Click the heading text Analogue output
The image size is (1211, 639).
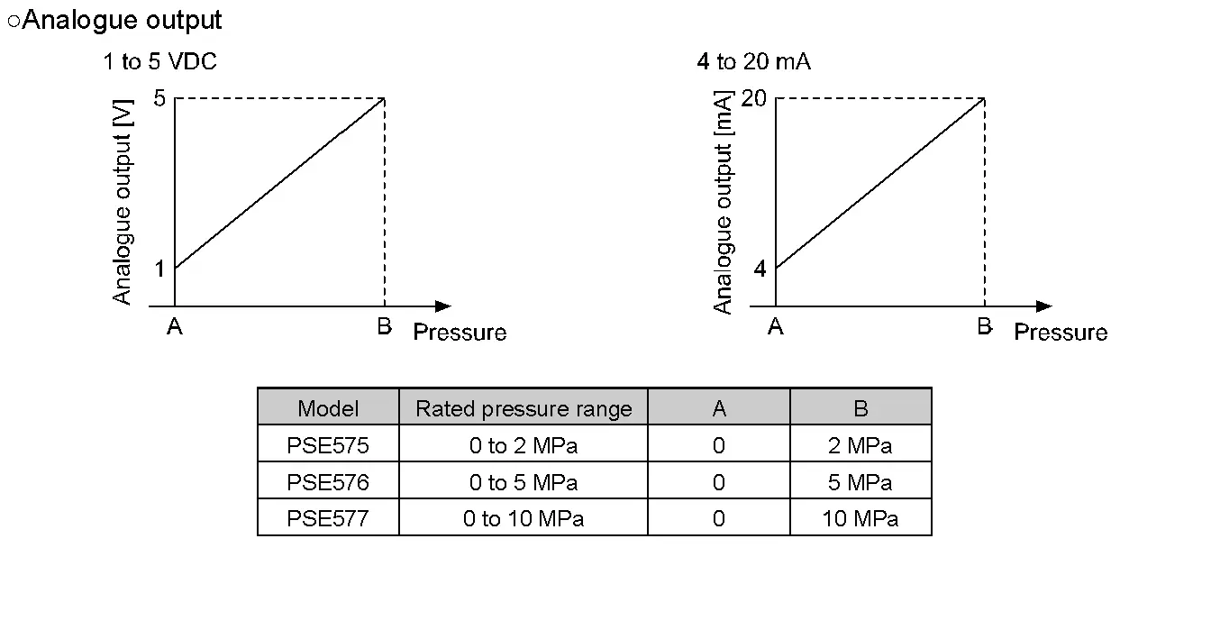[x=121, y=20]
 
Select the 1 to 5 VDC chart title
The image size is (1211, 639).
[x=159, y=61]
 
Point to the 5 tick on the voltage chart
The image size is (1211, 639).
[x=160, y=98]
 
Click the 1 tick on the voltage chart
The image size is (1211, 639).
[x=159, y=268]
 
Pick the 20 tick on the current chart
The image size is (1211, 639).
[x=753, y=98]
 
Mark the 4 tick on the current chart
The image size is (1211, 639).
[x=760, y=268]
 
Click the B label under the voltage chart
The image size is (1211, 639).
[x=385, y=326]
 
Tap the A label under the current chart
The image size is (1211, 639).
[x=775, y=326]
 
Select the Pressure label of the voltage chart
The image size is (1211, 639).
[x=460, y=333]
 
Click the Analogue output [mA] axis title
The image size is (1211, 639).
[x=723, y=201]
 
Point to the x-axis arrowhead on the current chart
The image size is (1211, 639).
[x=1044, y=306]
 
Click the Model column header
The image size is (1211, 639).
[x=328, y=408]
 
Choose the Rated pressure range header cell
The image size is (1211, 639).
[x=524, y=408]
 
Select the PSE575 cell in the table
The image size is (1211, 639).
[x=328, y=445]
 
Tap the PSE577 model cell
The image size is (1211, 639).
[x=328, y=518]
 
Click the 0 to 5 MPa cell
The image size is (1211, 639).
[x=524, y=482]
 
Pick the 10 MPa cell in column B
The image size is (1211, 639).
[x=860, y=518]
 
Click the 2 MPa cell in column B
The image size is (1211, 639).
[x=860, y=445]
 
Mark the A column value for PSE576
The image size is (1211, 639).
[x=718, y=482]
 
